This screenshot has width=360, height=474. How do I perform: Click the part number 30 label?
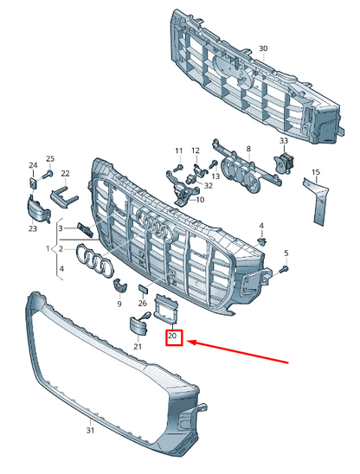pyautogui.click(x=263, y=48)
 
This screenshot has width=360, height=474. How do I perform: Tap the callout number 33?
pyautogui.click(x=284, y=141)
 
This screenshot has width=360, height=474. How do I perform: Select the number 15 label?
pyautogui.click(x=316, y=172)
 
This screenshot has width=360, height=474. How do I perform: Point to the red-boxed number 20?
pyautogui.click(x=172, y=336)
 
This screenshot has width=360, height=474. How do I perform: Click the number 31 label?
pyautogui.click(x=90, y=430)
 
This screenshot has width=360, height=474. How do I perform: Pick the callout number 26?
pyautogui.click(x=143, y=303)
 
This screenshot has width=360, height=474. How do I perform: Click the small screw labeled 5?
pyautogui.click(x=285, y=268)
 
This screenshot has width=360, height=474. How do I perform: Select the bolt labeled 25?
pyautogui.click(x=48, y=174)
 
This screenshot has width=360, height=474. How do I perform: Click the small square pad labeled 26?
pyautogui.click(x=143, y=289)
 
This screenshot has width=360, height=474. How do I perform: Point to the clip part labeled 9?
pyautogui.click(x=119, y=285)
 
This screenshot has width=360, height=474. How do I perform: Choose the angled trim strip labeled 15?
pyautogui.click(x=316, y=201)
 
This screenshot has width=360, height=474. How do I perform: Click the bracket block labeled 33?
pyautogui.click(x=285, y=163)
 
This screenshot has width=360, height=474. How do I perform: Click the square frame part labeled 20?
pyautogui.click(x=166, y=310)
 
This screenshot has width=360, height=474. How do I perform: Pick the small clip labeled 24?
pyautogui.click(x=33, y=183)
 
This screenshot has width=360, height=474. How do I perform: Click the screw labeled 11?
pyautogui.click(x=179, y=167)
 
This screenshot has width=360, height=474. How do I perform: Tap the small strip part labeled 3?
pyautogui.click(x=85, y=230)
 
